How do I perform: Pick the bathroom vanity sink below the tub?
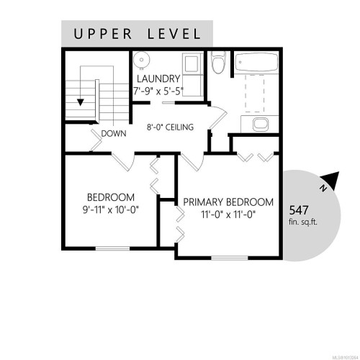pos(261,125)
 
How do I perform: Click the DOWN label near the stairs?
pos(114,133)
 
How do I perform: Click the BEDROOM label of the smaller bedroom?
pos(111,197)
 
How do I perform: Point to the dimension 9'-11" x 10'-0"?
pos(111,210)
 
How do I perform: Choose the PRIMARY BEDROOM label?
pos(228,202)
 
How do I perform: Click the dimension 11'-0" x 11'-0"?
pos(228,215)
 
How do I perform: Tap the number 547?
pos(300,210)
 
